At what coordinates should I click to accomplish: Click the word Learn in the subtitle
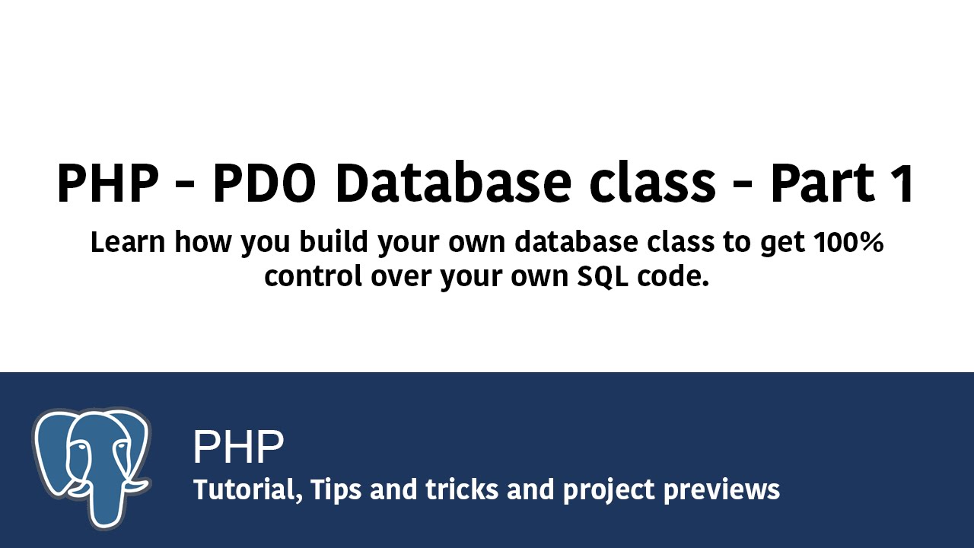[x=128, y=243]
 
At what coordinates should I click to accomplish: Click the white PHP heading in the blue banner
[x=238, y=448]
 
